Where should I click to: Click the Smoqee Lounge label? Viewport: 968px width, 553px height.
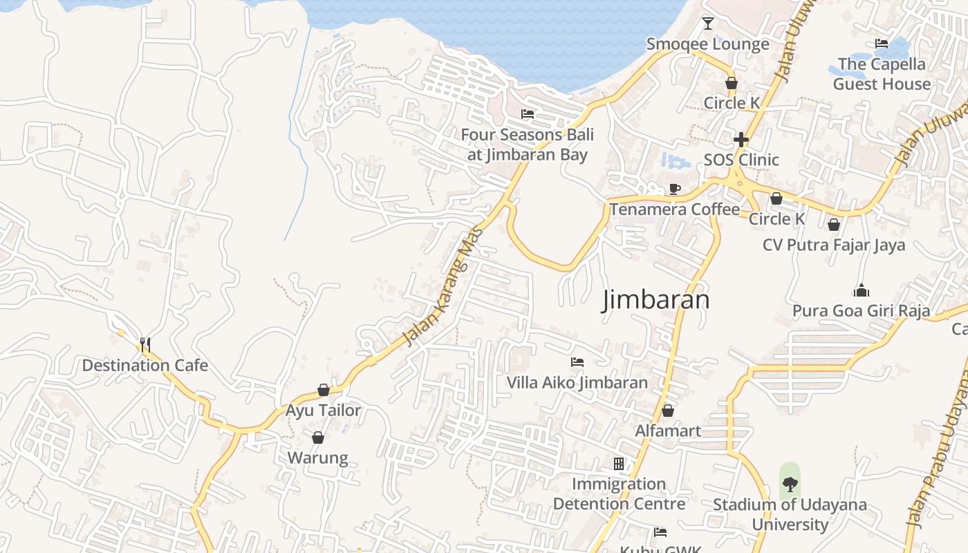coord(707,44)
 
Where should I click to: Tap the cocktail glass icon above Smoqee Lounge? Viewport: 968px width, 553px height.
coord(707,24)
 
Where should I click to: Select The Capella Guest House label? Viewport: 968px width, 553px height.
coord(882,74)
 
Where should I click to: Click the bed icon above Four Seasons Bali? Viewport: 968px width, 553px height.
coord(528,114)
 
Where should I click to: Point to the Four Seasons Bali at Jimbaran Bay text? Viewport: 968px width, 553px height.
coord(528,144)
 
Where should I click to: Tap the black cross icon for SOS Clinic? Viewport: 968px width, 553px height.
coord(741,140)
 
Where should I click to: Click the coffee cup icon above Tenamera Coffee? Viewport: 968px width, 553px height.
coord(675,189)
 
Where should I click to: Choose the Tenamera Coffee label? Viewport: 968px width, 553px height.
coord(675,209)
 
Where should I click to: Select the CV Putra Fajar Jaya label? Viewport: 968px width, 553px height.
coord(834,245)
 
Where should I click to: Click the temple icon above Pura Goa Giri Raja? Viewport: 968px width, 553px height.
coord(861,290)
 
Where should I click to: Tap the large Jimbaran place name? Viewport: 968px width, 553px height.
coord(656,300)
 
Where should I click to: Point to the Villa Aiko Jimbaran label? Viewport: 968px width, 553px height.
coord(577,382)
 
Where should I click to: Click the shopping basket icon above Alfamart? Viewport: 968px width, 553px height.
coord(668,411)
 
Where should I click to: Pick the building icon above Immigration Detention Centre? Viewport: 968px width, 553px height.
coord(619,463)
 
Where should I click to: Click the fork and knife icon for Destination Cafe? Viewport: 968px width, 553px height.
coord(145,344)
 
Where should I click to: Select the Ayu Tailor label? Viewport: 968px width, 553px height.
coord(324,411)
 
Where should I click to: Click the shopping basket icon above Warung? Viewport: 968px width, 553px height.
coord(318,438)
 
